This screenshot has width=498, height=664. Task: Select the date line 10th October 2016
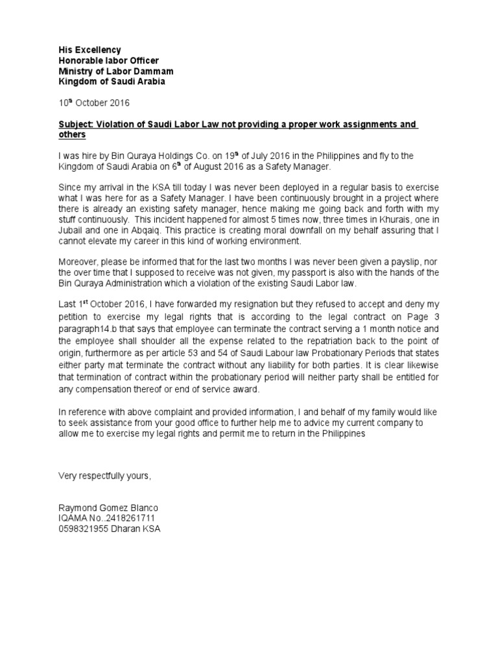click(94, 102)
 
